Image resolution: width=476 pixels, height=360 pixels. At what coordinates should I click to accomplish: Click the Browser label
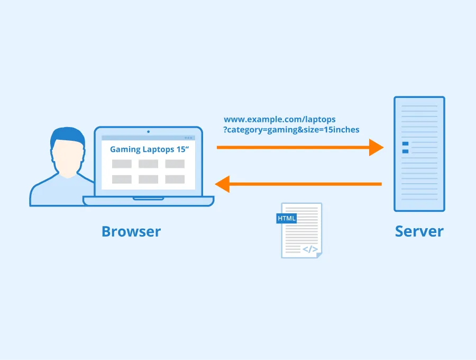131,231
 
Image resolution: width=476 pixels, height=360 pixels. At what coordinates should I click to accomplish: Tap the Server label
419,231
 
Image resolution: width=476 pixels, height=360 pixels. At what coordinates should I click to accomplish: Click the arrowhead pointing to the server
376,147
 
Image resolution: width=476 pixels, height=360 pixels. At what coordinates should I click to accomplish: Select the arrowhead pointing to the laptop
222,184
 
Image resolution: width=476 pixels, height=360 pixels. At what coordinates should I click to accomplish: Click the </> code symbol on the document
310,249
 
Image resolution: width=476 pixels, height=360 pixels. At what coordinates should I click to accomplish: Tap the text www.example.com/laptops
279,120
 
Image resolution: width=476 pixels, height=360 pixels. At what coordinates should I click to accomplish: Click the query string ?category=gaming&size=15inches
291,130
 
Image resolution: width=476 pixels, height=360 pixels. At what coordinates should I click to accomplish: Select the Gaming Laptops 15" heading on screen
149,149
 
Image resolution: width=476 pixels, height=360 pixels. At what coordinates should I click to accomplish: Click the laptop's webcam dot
148,131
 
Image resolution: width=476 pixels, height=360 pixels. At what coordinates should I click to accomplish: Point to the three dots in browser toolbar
189,138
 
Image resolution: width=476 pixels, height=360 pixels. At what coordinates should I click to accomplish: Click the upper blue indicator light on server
405,143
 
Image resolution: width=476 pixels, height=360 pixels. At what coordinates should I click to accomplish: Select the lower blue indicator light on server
405,151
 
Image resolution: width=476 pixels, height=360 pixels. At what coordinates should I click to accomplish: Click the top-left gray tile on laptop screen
122,164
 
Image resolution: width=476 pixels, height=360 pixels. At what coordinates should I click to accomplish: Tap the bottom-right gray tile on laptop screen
175,179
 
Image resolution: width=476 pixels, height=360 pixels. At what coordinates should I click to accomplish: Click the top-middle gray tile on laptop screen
148,164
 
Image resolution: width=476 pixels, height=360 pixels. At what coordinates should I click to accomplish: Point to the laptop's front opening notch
148,199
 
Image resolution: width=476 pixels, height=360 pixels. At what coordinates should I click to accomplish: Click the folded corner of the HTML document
318,255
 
